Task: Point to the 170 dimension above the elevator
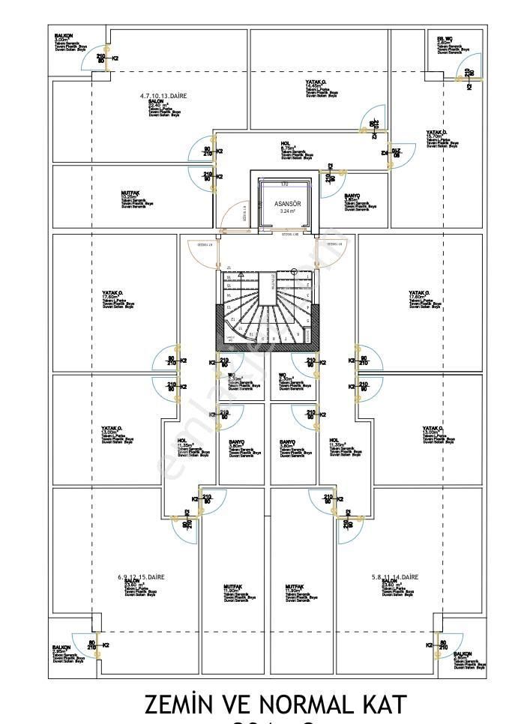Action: [284, 183]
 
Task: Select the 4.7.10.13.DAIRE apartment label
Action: [163, 97]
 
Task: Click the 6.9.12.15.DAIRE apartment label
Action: [140, 577]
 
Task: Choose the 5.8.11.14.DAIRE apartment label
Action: [394, 577]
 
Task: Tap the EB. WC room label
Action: [445, 38]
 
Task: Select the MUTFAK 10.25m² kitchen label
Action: [130, 193]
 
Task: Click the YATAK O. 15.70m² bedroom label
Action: [437, 133]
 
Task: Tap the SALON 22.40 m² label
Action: [156, 103]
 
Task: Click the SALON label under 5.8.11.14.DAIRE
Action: [390, 582]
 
